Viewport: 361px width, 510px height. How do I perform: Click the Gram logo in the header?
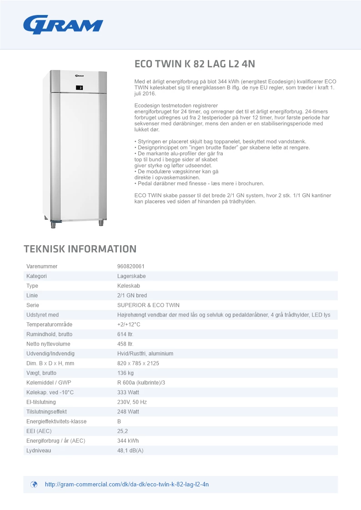(x=63, y=25)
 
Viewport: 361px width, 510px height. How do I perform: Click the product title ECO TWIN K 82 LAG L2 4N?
(x=198, y=64)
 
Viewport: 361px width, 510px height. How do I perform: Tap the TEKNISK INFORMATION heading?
(x=80, y=249)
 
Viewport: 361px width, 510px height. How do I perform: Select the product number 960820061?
(x=131, y=267)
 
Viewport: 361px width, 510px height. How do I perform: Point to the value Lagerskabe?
(x=131, y=276)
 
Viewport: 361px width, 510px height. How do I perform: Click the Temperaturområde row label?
(x=49, y=325)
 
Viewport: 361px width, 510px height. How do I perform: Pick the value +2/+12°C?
(x=129, y=325)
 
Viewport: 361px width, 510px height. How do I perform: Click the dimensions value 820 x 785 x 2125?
(x=138, y=363)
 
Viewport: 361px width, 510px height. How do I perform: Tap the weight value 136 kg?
(x=125, y=373)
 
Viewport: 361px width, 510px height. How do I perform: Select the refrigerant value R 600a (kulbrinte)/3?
(x=141, y=383)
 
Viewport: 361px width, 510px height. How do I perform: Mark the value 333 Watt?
(x=128, y=392)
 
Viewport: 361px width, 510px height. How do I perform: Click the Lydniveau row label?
(x=39, y=451)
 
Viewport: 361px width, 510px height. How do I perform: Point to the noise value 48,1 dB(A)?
(x=130, y=451)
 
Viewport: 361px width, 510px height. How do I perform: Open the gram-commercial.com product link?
(x=127, y=485)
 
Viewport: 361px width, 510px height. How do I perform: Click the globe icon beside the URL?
(x=34, y=485)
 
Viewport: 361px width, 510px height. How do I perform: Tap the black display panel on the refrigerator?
(x=79, y=88)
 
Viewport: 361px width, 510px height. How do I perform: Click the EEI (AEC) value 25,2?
(x=123, y=431)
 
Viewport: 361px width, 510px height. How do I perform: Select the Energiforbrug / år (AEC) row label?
(x=56, y=441)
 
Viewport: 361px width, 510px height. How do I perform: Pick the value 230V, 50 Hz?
(x=132, y=402)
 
